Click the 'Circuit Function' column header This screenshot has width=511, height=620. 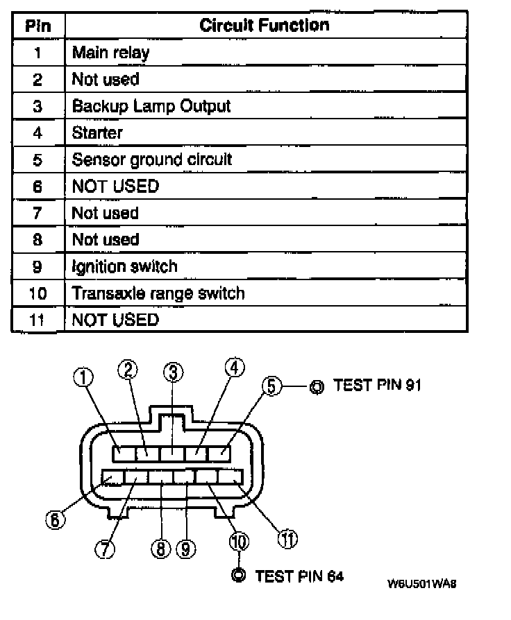point(264,26)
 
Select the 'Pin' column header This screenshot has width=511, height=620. point(37,26)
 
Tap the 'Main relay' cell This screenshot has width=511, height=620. point(110,53)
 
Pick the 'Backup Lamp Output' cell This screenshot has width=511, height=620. point(151,106)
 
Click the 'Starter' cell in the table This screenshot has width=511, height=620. point(97,132)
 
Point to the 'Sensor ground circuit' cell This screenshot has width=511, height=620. point(151,160)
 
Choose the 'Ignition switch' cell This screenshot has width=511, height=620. point(124,266)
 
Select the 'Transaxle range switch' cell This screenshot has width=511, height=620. point(158,293)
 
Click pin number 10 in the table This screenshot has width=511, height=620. point(37,293)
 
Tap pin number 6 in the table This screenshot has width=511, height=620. point(37,187)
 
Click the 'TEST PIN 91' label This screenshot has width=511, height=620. point(377,386)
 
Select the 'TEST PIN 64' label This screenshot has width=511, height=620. point(299,576)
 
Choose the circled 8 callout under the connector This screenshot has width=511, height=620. point(160,549)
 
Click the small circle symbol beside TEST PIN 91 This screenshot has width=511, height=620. point(316,386)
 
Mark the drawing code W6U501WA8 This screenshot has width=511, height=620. point(421,583)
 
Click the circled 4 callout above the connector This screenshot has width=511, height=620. point(235,368)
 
